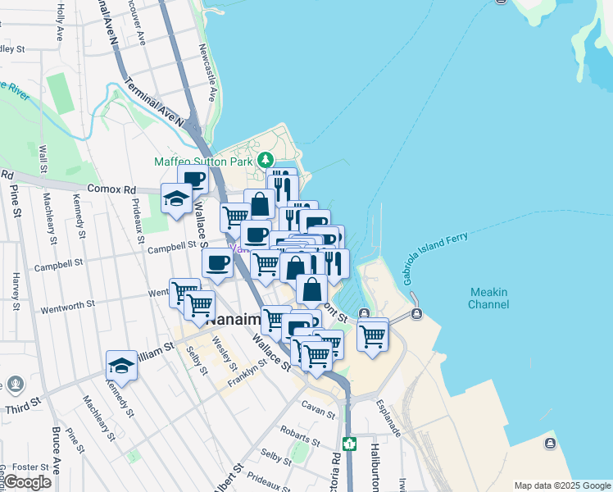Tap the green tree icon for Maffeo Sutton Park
tap(265, 159)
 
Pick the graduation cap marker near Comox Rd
tap(176, 198)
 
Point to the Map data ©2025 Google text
tap(561, 485)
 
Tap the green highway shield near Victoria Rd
tap(350, 444)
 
